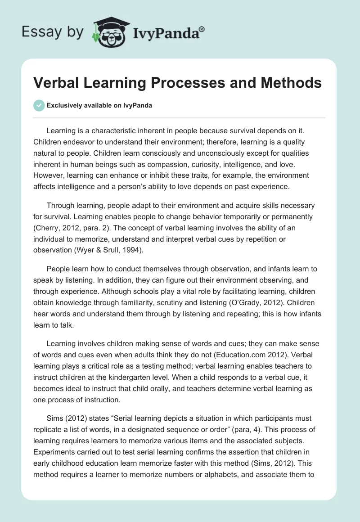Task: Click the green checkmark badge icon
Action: click(39, 105)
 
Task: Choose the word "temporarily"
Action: click(224, 217)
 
